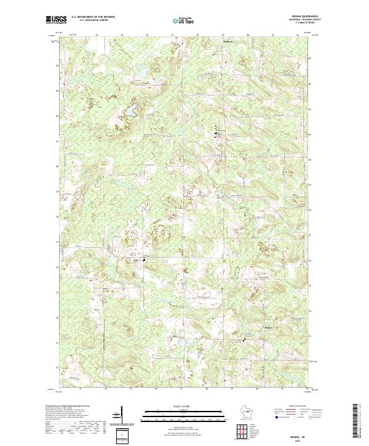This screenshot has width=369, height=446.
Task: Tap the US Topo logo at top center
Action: [184, 20]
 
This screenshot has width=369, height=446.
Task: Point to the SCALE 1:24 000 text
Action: [184, 406]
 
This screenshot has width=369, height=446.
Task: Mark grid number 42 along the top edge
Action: [298, 36]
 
